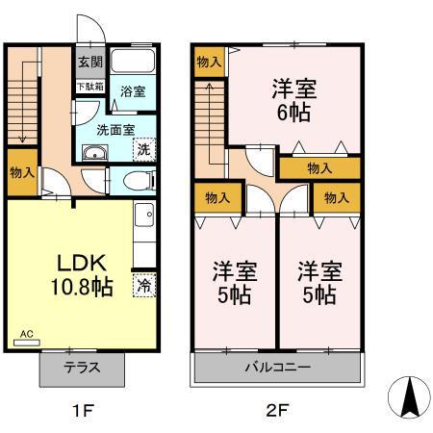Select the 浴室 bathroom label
click(x=133, y=92)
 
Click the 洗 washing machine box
click(x=142, y=150)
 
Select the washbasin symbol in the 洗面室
click(x=93, y=157)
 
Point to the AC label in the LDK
click(x=26, y=335)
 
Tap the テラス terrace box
click(x=83, y=368)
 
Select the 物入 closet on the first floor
click(x=23, y=173)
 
